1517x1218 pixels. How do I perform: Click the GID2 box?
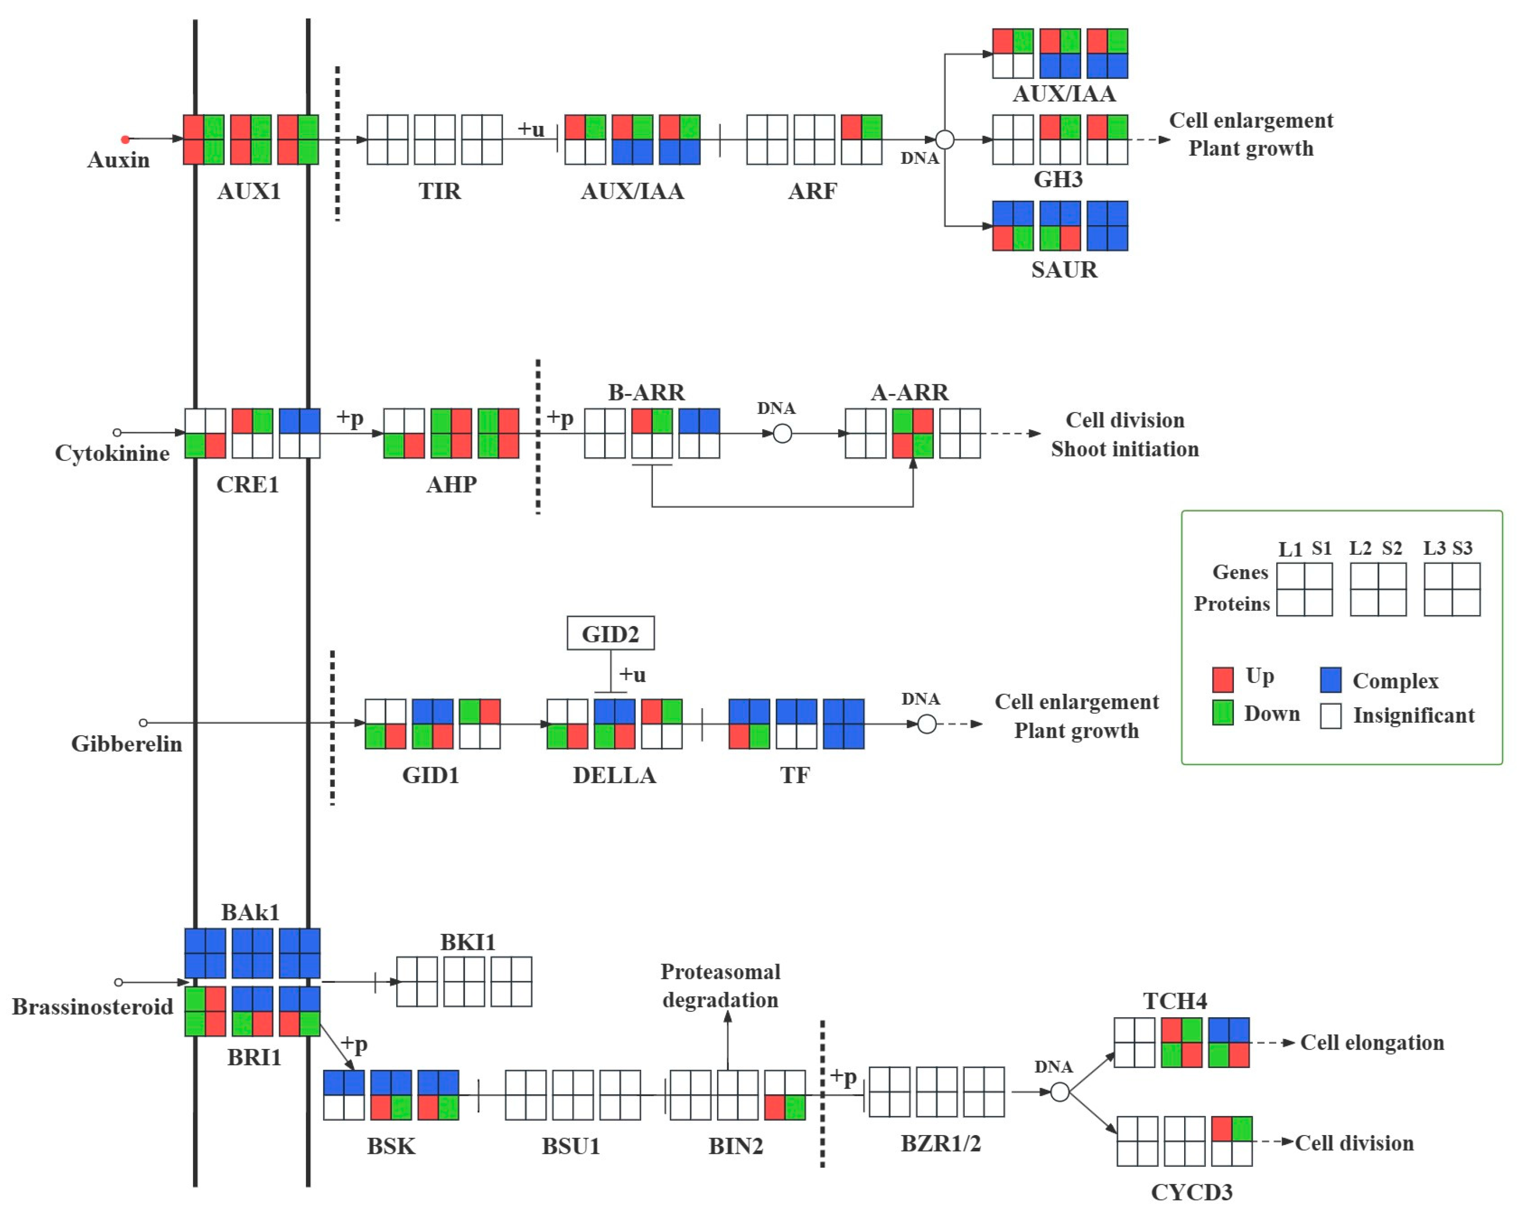click(610, 634)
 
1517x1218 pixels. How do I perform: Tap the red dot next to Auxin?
click(125, 139)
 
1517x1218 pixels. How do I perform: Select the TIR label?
click(440, 191)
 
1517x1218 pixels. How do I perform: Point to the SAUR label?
click(1064, 270)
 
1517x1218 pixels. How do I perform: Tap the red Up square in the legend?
click(1223, 679)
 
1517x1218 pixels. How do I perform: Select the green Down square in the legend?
click(1223, 713)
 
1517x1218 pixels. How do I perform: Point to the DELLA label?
click(614, 775)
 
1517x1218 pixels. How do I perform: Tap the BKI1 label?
click(468, 942)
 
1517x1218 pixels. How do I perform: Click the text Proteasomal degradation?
click(721, 986)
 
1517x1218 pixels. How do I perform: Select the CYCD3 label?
click(1192, 1192)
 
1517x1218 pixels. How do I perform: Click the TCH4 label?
click(1175, 1000)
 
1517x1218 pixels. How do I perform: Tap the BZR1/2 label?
click(941, 1143)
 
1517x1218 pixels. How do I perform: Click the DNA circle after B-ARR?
click(782, 434)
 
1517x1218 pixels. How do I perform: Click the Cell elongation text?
click(1372, 1043)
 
